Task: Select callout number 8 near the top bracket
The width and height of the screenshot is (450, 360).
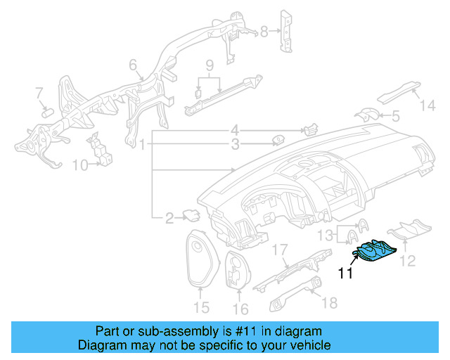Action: coord(265,31)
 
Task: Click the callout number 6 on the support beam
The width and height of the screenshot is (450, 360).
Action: coord(132,66)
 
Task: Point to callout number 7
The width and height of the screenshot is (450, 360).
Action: coord(39,93)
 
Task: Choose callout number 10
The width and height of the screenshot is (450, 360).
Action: coord(79,165)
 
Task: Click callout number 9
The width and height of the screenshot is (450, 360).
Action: coord(209,67)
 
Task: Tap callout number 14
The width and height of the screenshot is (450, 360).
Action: coord(428,106)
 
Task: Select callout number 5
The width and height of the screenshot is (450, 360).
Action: coord(395,115)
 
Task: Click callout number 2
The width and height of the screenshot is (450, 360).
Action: coord(169,219)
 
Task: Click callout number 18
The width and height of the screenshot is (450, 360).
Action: coord(328,302)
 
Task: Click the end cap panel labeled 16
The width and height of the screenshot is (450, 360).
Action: coord(238,271)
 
